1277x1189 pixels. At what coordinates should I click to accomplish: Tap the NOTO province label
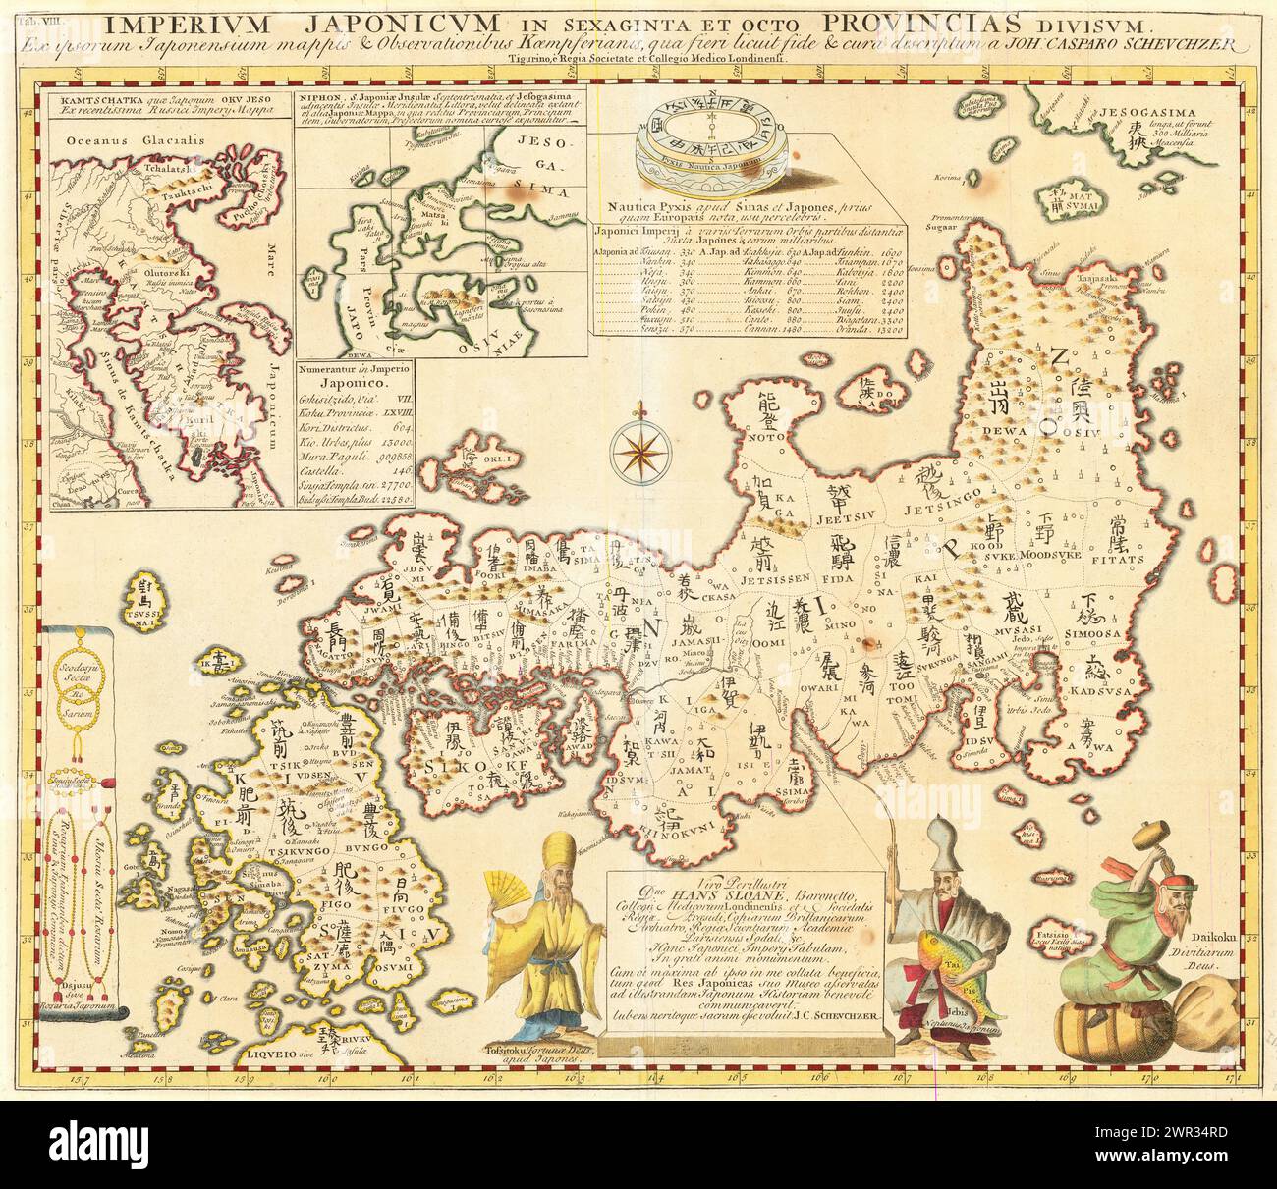tap(756, 441)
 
